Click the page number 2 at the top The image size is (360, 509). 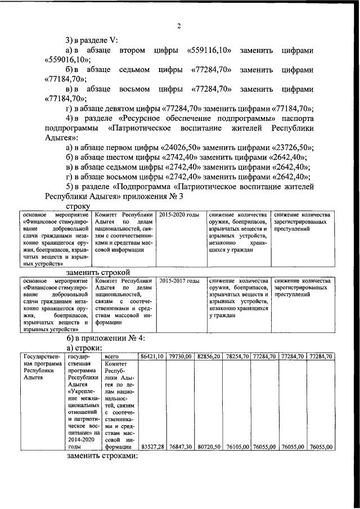(179, 26)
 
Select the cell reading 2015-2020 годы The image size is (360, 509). (179, 215)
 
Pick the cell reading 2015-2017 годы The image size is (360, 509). (179, 281)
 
